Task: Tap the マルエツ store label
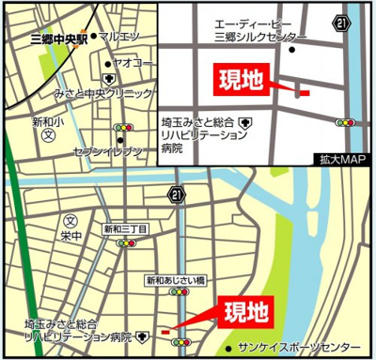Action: coord(121,37)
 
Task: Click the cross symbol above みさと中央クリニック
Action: coord(109,79)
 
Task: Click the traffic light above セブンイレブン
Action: coord(122,126)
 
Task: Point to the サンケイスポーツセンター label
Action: coord(300,345)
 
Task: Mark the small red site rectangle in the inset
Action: coord(302,92)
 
